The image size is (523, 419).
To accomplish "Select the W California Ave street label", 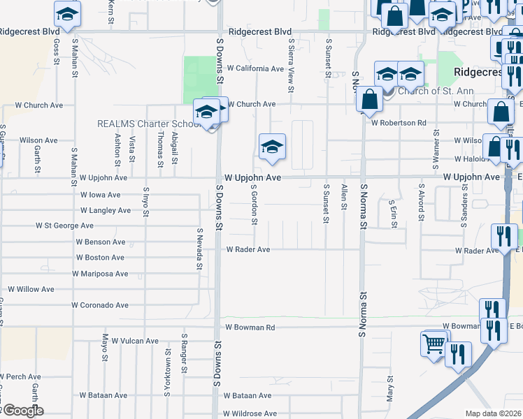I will pos(255,68).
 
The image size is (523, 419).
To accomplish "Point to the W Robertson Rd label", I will pos(399,123).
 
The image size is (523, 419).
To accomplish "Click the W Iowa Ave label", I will pos(101,196).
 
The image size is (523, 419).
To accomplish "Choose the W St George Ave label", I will pos(64,226).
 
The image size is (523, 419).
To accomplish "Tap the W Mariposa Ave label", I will pos(100,274).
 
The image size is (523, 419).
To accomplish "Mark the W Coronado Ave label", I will pos(100,305).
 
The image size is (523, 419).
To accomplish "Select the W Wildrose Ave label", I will pos(250,414).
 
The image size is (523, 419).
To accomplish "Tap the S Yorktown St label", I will pos(167,373).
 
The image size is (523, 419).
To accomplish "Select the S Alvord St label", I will pos(421,203).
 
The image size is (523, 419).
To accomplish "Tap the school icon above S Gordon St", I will pos(272,147).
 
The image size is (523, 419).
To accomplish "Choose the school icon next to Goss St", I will pos(67,14).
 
